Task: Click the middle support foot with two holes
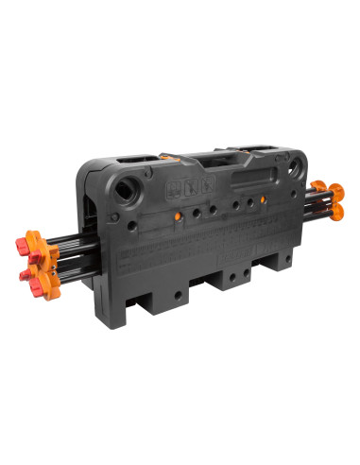pyautogui.click(x=231, y=276)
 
